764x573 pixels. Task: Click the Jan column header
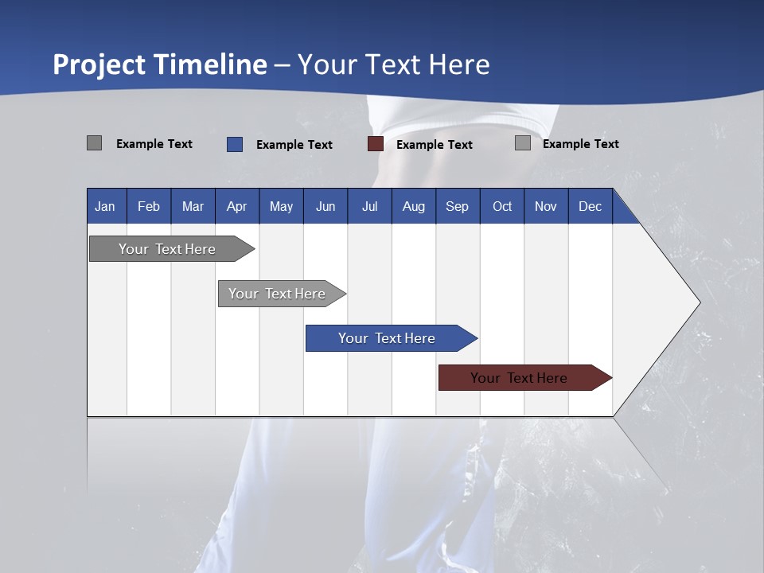coord(105,206)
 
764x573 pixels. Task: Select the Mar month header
coord(193,206)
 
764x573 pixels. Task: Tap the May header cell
coord(281,206)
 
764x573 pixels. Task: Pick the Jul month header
coord(369,206)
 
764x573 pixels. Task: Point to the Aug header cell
coord(413,206)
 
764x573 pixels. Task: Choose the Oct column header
coord(502,206)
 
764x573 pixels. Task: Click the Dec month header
coord(590,206)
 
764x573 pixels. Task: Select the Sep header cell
coord(457,206)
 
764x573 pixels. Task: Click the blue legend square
coord(235,144)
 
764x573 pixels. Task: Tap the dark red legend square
coord(376,144)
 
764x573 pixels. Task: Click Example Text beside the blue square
coord(294,145)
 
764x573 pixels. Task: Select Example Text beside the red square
coord(434,145)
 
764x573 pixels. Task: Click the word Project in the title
coord(99,64)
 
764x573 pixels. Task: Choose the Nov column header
coord(545,206)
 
